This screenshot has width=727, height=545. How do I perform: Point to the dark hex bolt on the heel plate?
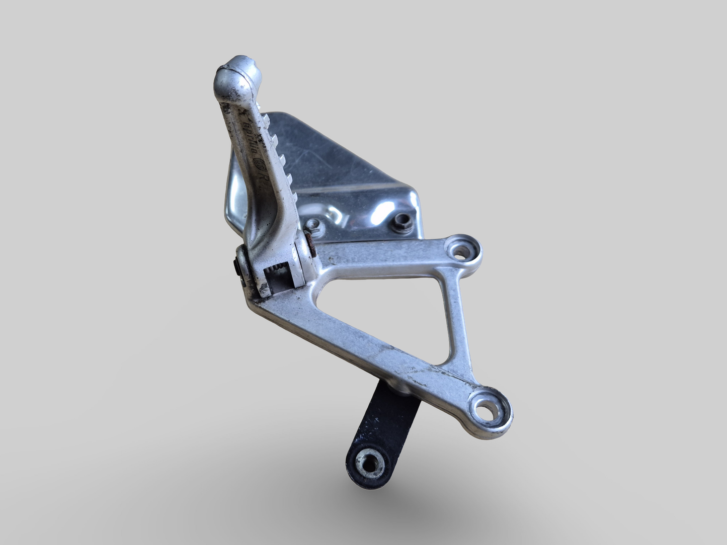pos(401,219)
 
